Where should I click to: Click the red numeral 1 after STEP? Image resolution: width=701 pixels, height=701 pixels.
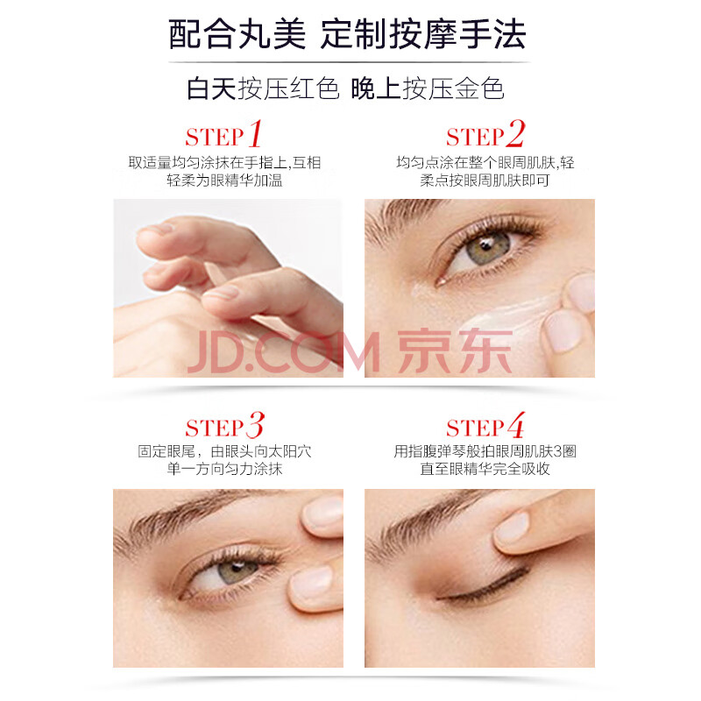click(x=255, y=133)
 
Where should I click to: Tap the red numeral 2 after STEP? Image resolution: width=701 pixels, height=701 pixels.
click(x=515, y=133)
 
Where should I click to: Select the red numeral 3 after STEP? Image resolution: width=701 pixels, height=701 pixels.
click(x=255, y=425)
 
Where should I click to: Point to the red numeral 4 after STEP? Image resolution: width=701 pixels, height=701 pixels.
click(x=516, y=425)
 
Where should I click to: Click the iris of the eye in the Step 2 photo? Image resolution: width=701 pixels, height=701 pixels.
click(x=487, y=248)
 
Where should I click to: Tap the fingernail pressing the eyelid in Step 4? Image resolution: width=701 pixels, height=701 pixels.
click(x=513, y=527)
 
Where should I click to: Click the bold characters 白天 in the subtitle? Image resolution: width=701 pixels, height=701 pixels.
click(x=211, y=89)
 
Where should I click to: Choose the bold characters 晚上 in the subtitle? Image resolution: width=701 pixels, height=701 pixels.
click(x=376, y=89)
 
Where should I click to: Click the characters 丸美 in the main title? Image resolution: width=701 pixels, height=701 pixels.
click(x=272, y=34)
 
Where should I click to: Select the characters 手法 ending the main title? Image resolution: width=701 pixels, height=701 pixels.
click(x=492, y=34)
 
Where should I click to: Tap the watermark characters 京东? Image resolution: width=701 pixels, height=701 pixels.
click(x=455, y=351)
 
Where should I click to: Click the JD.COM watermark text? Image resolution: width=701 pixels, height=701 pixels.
click(x=284, y=352)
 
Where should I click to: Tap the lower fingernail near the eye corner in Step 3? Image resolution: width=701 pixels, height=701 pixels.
click(x=312, y=581)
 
